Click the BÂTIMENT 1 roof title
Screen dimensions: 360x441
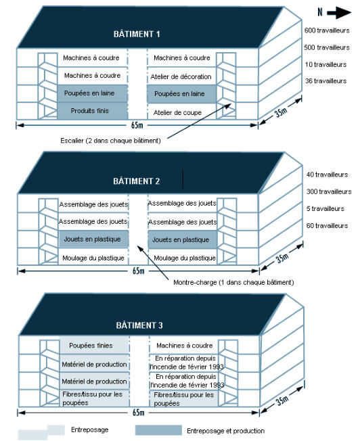point(137,34)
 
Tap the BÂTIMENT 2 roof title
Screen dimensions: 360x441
point(137,181)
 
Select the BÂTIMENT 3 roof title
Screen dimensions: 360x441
point(139,325)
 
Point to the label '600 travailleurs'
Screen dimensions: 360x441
point(327,30)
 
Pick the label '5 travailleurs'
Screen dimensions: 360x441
point(325,209)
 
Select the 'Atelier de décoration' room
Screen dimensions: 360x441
point(181,76)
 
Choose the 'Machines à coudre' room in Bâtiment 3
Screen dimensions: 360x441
point(184,345)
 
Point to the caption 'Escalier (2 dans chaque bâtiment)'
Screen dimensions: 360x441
point(110,141)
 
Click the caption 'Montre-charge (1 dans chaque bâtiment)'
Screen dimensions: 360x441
point(233,282)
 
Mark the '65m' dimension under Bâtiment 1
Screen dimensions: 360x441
point(137,125)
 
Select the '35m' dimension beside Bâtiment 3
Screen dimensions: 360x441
point(282,400)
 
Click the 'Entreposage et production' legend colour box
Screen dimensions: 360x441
point(158,430)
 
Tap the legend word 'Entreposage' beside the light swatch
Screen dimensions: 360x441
point(90,430)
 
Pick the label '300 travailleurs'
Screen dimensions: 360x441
point(329,191)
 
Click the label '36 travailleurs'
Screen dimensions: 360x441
point(325,81)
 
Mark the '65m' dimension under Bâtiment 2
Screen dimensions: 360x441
point(138,271)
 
